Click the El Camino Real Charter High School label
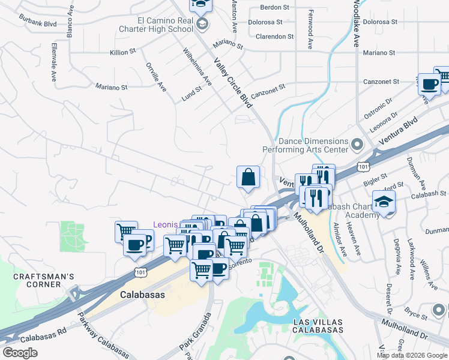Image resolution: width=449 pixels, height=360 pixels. [164, 25]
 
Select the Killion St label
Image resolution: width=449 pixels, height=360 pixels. [119, 53]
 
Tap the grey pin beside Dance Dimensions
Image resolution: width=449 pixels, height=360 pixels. [358, 145]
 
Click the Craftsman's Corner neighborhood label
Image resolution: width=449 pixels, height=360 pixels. [44, 281]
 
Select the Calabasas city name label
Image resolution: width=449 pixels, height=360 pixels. [142, 295]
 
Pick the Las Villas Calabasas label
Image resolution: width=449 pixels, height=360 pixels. [318, 326]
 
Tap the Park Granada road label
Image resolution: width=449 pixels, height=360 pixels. [195, 337]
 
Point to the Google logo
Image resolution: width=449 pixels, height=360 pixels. [20, 352]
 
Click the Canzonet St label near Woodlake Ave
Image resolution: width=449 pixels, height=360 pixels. [381, 82]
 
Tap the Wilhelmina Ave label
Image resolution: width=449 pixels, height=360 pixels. [197, 67]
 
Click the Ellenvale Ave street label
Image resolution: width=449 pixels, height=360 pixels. [54, 62]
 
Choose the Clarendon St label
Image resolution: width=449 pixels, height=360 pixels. [274, 37]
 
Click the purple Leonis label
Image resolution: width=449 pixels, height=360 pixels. [164, 225]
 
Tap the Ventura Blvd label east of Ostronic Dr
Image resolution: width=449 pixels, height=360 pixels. [402, 131]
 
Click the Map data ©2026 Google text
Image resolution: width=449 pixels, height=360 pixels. [411, 355]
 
